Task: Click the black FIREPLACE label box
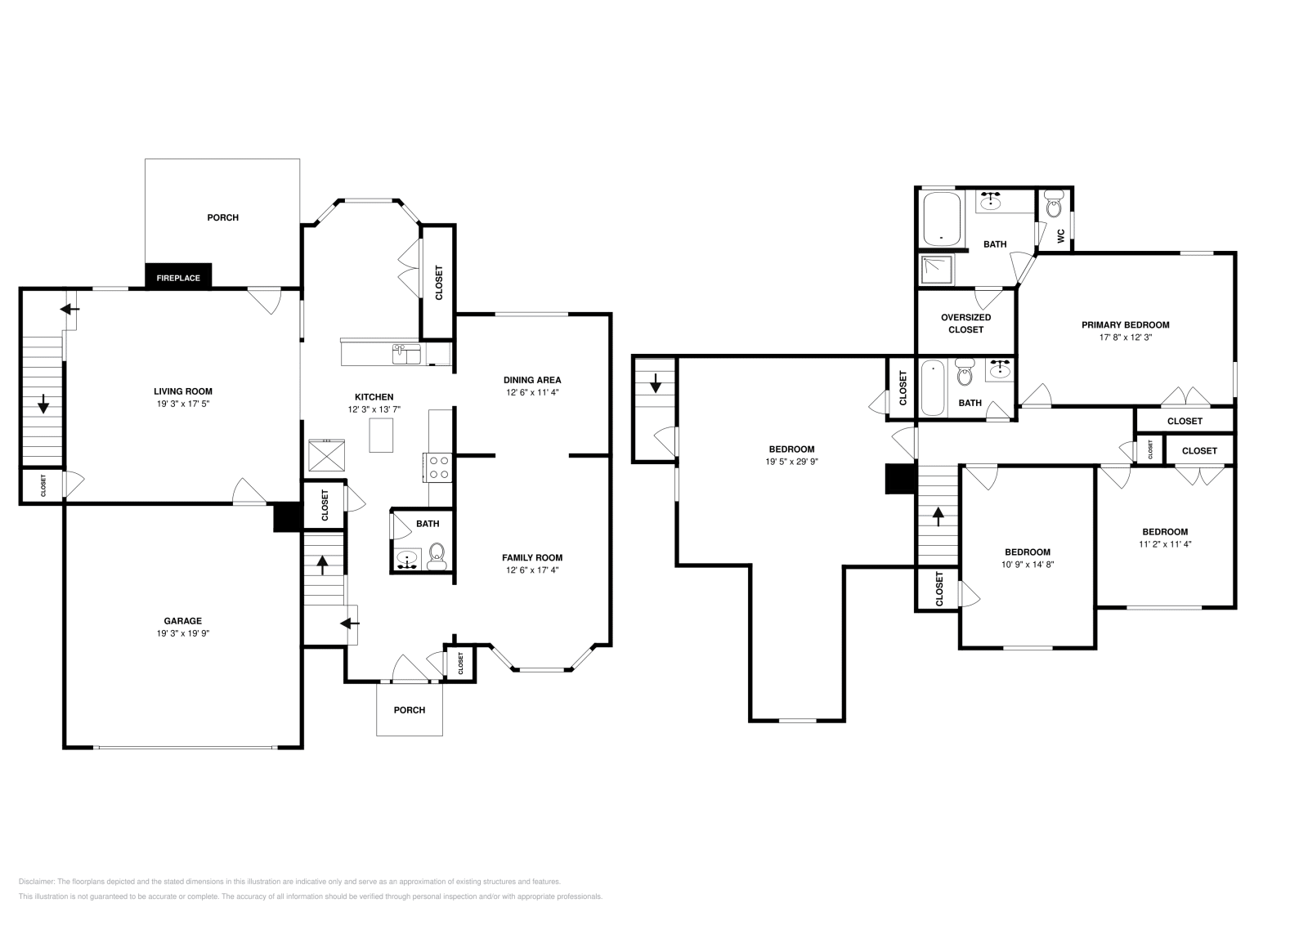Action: (178, 276)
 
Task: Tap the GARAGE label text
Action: (183, 621)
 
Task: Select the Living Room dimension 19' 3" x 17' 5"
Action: (183, 404)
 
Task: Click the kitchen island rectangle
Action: (381, 436)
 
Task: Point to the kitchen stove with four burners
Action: (439, 467)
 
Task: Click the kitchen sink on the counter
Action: (406, 355)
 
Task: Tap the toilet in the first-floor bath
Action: (437, 556)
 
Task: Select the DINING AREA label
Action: (532, 380)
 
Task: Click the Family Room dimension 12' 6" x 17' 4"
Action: (532, 570)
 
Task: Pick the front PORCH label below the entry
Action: (410, 710)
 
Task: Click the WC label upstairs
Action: (1061, 236)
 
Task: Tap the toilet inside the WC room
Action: (1055, 204)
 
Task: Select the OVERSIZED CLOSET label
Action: (965, 324)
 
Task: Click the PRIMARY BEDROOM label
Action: (1125, 325)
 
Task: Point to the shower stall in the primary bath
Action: (937, 269)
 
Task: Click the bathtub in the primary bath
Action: (941, 219)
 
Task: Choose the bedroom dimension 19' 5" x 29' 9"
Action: (792, 462)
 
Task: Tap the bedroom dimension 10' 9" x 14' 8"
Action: (1028, 565)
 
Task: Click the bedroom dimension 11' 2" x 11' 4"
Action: (1165, 544)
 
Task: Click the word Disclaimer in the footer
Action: (36, 882)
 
